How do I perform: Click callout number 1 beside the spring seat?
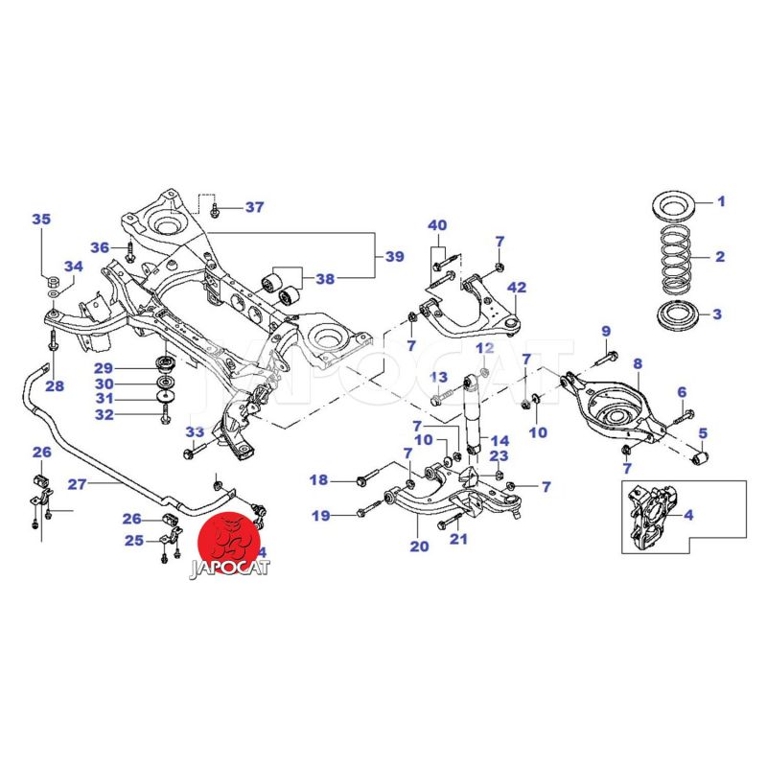pos(722,202)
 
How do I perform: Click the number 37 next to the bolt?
pos(253,207)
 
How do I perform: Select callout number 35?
pos(40,220)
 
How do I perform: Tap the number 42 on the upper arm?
pos(517,288)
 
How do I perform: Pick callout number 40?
pos(437,226)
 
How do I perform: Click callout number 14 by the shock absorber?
pos(499,443)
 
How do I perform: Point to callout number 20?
pos(419,547)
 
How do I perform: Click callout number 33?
pos(195,432)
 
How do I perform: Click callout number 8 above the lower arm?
pos(637,363)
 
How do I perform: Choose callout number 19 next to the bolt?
pos(318,516)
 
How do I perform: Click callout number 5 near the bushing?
pos(703,432)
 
